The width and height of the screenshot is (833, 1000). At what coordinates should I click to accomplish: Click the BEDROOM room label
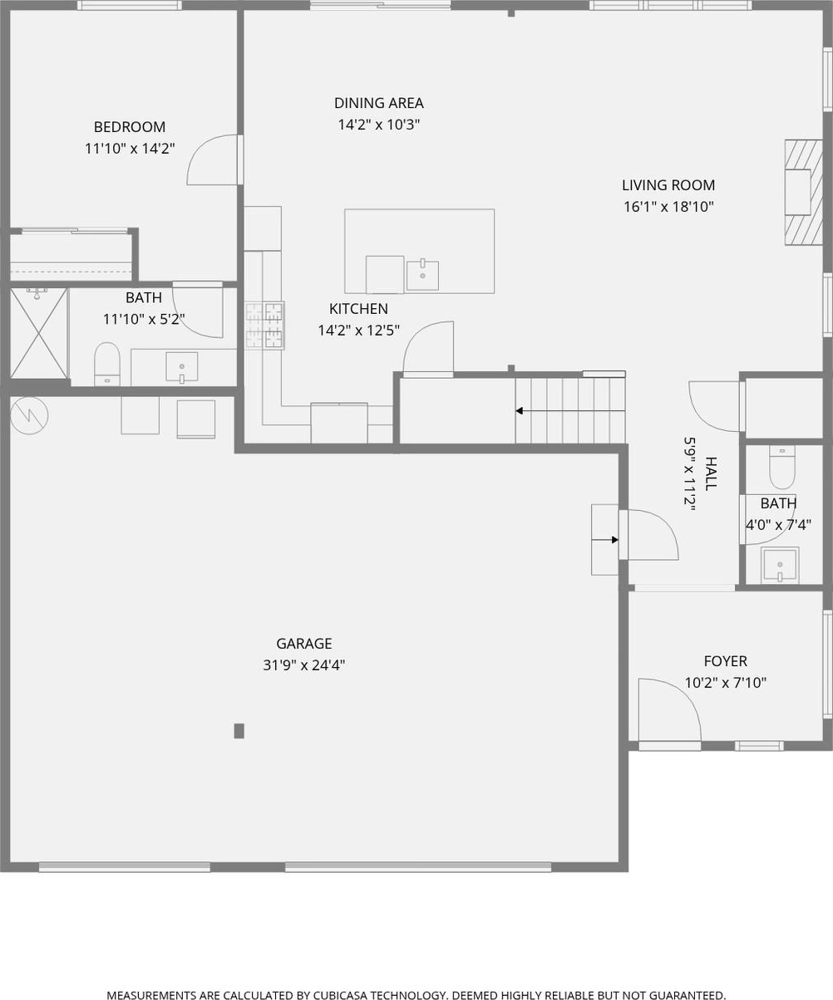130,127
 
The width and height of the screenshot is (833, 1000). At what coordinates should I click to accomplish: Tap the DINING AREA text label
378,103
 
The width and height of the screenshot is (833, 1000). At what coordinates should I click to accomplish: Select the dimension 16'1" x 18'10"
668,207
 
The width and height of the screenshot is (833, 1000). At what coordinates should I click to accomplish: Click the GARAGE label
304,643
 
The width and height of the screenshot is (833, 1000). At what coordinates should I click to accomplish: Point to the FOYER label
725,661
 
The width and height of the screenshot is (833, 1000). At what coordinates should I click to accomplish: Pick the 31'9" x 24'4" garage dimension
304,665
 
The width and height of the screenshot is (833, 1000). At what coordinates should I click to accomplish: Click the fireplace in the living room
803,193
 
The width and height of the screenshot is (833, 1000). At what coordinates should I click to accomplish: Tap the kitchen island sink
422,276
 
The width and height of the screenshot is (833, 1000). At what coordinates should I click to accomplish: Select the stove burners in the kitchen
264,326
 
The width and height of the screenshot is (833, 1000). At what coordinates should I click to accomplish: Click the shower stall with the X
39,333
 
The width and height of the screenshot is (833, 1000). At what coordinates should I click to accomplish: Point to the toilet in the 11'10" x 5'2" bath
107,364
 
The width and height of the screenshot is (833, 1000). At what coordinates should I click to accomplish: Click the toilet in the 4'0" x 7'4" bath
781,467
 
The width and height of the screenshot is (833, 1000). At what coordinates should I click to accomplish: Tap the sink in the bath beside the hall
780,565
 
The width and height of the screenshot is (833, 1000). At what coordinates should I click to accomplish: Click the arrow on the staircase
570,411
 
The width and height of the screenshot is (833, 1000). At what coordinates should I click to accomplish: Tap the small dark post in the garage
239,731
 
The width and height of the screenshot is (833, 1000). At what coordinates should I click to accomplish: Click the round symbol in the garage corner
29,415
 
